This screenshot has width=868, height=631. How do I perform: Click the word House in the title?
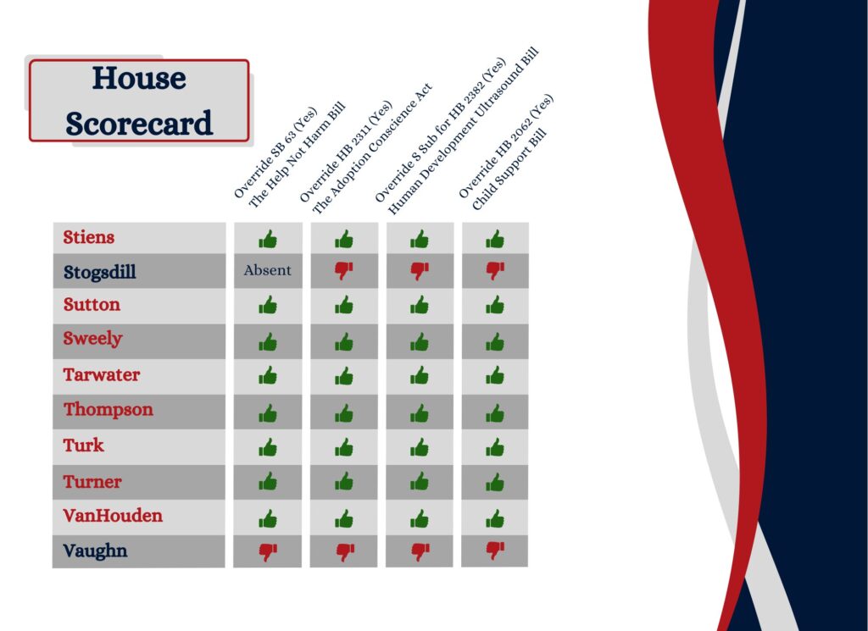(x=139, y=78)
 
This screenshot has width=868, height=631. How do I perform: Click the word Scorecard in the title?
(x=139, y=123)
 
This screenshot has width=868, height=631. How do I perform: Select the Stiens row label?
(x=88, y=237)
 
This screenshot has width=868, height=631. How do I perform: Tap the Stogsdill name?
(x=100, y=272)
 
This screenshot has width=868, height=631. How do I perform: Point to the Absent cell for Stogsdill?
(x=267, y=270)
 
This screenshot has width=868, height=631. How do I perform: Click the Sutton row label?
(x=92, y=304)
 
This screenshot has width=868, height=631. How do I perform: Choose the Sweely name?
(x=92, y=339)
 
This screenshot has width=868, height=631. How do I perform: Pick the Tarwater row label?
(x=102, y=374)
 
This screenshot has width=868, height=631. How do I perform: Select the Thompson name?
(x=108, y=410)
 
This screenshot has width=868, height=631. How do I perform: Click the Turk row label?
(x=83, y=446)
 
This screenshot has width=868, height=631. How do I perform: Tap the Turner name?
(x=92, y=482)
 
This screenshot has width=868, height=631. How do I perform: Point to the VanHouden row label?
(x=113, y=516)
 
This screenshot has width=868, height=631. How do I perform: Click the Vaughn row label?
(x=95, y=551)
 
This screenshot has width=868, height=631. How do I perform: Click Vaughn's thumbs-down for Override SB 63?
(x=268, y=552)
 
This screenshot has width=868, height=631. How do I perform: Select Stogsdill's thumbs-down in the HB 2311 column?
(x=344, y=270)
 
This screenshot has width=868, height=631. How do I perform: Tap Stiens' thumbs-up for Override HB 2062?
(x=495, y=240)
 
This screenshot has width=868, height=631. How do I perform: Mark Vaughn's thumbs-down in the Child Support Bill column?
(x=495, y=551)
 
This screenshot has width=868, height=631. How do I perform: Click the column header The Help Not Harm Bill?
(x=298, y=155)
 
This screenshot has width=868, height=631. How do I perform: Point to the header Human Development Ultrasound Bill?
(x=463, y=131)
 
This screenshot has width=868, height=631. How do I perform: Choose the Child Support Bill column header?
(x=509, y=169)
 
